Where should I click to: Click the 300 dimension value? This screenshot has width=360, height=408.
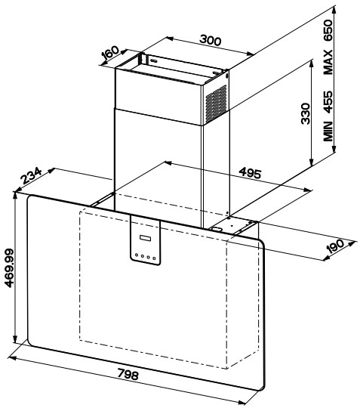[211, 40]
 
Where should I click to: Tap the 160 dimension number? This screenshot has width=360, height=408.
[110, 53]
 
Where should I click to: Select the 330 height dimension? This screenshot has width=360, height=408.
[306, 114]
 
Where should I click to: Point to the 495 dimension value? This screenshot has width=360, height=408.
[250, 173]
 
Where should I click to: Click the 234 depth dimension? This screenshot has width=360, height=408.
[31, 175]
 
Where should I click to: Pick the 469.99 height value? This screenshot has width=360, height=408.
[9, 268]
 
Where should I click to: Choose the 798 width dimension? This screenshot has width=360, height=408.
[128, 374]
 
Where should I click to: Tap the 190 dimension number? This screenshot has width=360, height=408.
[335, 246]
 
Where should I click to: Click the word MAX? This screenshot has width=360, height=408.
[328, 62]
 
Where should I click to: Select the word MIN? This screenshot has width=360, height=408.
[328, 131]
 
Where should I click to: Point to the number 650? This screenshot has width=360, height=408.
[328, 30]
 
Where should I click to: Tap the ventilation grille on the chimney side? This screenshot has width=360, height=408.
[216, 104]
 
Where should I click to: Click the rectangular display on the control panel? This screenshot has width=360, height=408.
[146, 238]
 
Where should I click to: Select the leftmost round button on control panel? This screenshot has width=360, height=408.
[137, 255]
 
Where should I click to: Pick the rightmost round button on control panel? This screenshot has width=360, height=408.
[154, 258]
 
